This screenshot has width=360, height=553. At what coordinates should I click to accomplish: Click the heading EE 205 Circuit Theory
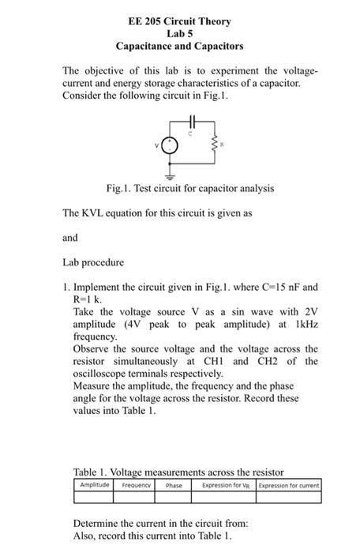tap(179, 21)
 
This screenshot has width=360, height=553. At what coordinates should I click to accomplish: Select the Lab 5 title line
tap(179, 34)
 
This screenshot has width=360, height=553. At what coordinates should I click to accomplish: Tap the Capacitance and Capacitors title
tap(179, 47)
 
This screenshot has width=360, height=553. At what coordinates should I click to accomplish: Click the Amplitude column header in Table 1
tap(95, 484)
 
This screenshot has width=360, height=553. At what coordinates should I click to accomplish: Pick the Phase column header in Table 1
tap(173, 484)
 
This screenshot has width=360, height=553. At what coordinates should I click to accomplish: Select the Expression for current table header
tap(289, 484)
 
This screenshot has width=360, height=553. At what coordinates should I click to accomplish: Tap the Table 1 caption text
tap(178, 472)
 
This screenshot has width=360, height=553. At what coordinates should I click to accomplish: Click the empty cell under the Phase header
tap(173, 496)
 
